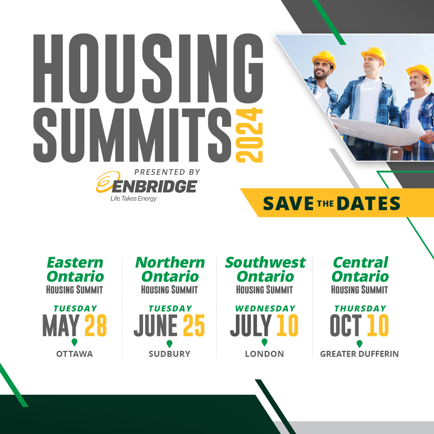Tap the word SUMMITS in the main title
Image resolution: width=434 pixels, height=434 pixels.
(133, 133)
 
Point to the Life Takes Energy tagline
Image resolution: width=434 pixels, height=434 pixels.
(134, 199)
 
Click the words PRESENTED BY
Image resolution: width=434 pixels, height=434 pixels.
(167, 172)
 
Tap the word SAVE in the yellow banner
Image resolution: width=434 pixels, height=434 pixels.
(288, 203)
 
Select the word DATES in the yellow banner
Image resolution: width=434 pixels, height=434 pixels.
(368, 203)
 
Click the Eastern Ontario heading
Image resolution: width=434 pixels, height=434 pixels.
(75, 269)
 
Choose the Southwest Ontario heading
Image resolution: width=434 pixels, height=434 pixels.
(265, 269)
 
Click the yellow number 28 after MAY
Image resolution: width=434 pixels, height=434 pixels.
(96, 325)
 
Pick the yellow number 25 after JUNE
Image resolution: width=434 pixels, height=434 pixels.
(194, 325)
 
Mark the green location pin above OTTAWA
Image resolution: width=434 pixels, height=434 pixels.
(74, 342)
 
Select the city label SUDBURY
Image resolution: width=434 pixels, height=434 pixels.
(169, 354)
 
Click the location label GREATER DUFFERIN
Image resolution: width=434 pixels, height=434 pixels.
(359, 354)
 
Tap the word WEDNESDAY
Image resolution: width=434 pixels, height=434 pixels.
(265, 309)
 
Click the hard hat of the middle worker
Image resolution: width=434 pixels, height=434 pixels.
(373, 54)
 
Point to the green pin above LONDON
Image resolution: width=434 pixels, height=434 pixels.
(264, 342)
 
